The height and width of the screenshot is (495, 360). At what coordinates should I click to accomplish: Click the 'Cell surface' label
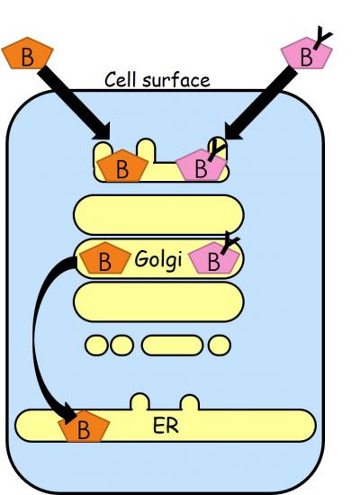(157, 80)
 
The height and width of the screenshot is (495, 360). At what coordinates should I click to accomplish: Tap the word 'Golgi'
(158, 260)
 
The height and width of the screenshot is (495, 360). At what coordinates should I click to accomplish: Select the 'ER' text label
(166, 426)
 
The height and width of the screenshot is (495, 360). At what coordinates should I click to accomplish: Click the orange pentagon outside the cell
(28, 53)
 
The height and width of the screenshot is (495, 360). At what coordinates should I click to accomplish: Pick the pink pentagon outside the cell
(306, 53)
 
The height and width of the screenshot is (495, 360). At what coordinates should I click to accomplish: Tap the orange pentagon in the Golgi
(104, 258)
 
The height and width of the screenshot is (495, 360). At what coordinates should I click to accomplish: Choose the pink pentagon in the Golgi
(213, 258)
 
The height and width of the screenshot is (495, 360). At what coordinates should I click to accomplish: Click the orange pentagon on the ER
(84, 427)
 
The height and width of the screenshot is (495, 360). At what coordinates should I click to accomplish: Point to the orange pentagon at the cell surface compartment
(122, 166)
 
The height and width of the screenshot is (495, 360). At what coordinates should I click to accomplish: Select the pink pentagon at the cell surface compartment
(202, 165)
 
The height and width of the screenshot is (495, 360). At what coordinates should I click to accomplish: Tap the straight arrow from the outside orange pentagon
(74, 103)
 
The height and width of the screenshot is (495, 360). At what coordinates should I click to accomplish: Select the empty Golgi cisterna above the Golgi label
(158, 215)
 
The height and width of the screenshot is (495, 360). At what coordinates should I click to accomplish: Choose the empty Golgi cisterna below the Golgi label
(158, 302)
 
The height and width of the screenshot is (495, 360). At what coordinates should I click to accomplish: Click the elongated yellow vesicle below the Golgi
(172, 346)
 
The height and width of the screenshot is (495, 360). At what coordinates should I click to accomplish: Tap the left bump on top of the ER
(139, 401)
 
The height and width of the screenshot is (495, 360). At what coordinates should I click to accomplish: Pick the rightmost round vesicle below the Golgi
(220, 346)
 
